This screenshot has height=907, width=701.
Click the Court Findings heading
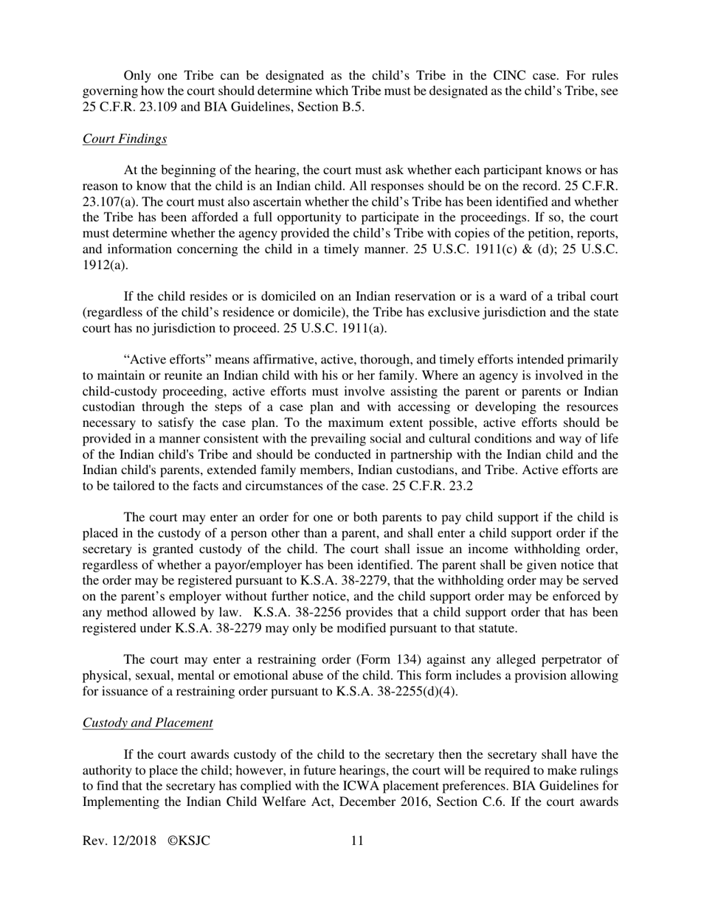(124, 139)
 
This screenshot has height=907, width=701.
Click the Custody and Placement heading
(148, 723)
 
